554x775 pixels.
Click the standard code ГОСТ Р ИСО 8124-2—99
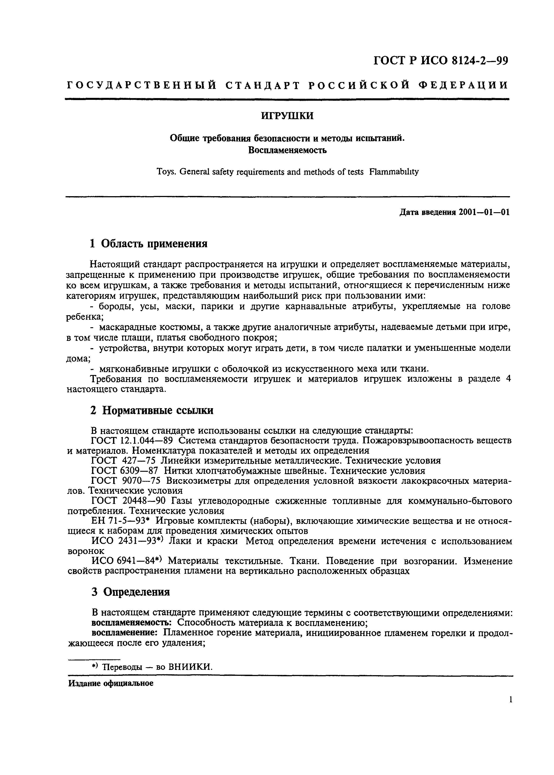(441, 61)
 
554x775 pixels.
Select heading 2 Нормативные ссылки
(152, 410)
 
